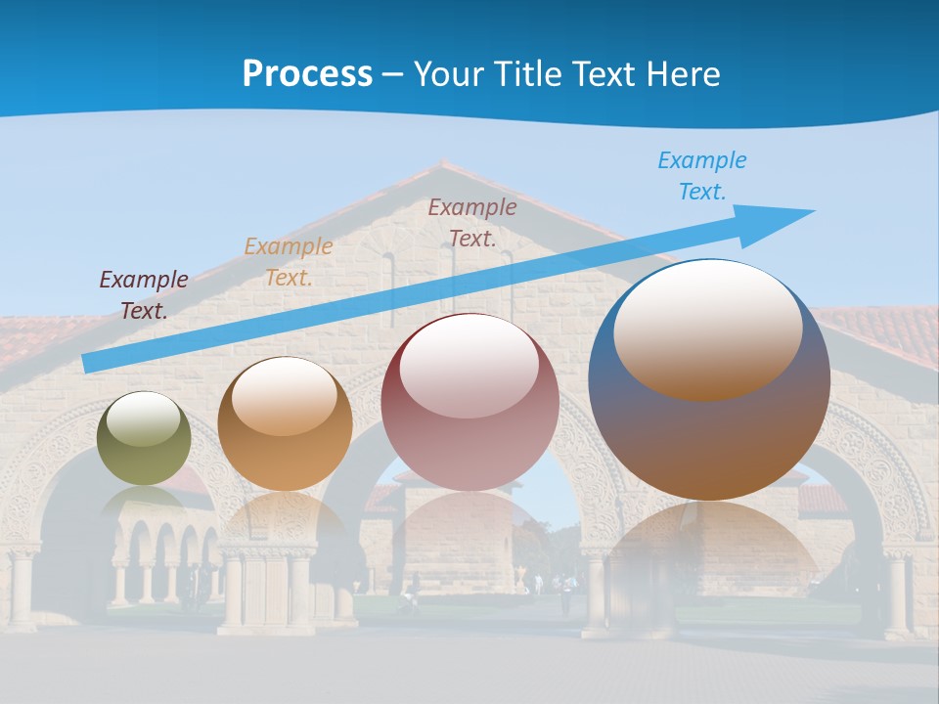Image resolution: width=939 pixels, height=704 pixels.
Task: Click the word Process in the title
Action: click(x=307, y=74)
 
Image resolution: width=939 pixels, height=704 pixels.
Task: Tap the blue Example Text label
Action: click(x=702, y=176)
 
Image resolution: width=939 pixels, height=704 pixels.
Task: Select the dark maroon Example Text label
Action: click(x=144, y=294)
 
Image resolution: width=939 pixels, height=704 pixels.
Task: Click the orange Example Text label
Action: click(x=289, y=261)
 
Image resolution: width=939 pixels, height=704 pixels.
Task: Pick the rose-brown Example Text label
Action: click(x=472, y=222)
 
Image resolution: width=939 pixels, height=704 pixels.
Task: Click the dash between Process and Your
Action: click(x=393, y=74)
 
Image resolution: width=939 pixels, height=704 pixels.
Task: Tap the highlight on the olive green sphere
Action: click(x=143, y=418)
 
